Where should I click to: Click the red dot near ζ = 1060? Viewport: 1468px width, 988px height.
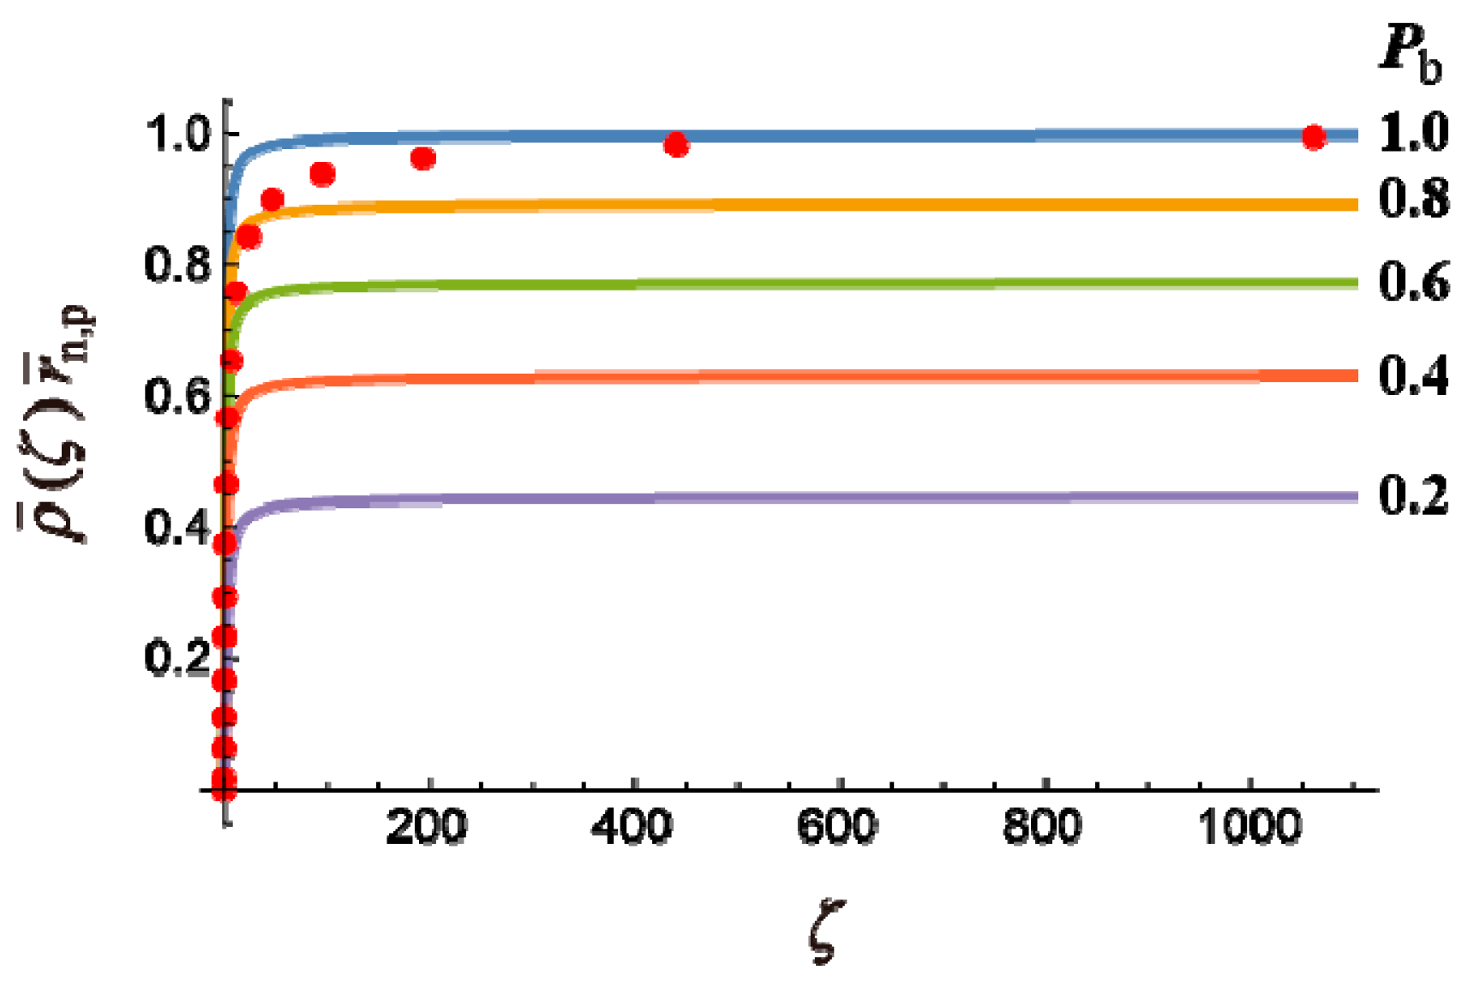pos(1313,137)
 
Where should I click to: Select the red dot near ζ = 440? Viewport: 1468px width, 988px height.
pos(676,146)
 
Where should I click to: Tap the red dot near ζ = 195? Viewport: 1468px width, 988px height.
pos(423,159)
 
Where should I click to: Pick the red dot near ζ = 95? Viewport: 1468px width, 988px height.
pos(322,175)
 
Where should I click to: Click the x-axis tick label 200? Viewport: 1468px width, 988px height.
pos(426,828)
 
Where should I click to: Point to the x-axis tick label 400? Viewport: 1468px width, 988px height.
pos(632,828)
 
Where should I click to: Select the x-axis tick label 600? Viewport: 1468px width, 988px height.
pos(837,828)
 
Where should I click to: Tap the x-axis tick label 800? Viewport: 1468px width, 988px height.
pos(1043,828)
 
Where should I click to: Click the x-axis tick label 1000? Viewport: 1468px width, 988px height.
pos(1249,828)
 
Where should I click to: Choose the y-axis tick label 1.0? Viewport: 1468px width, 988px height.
pos(177,135)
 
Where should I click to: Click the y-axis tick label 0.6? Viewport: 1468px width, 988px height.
pos(177,397)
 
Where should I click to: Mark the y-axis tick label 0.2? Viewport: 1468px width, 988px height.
pos(177,658)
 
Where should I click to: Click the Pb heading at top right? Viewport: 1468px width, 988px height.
pos(1411,53)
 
